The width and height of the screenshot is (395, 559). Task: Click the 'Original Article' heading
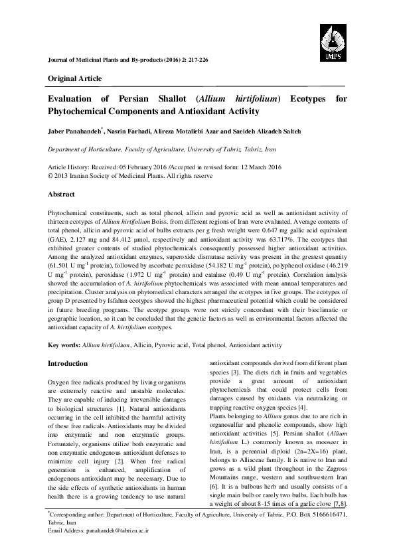point(72,78)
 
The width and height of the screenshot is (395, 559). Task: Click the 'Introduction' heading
point(68,364)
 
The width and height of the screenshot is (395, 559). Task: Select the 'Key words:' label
point(64,346)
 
